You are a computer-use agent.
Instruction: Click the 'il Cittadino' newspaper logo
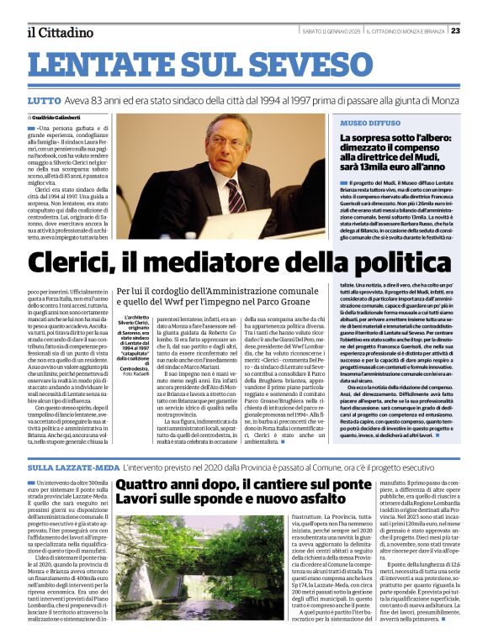click(x=59, y=32)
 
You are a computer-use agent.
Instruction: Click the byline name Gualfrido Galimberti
click(x=60, y=117)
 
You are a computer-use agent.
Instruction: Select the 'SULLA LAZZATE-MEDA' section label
click(x=72, y=466)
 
